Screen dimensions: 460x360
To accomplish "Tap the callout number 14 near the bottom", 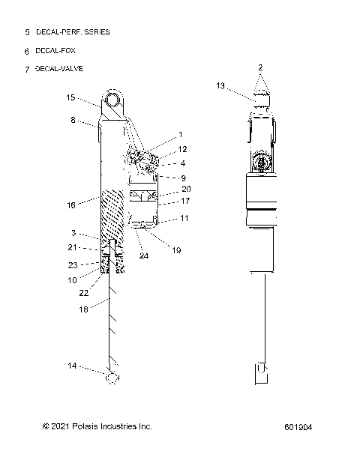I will click(71, 366).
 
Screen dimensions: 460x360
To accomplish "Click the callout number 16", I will click(70, 203).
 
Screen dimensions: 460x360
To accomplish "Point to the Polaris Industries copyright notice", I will click(97, 426).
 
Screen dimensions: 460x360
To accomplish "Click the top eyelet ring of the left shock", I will click(113, 98).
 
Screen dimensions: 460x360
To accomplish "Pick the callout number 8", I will click(73, 120).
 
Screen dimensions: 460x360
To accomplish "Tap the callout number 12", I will click(182, 149).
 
